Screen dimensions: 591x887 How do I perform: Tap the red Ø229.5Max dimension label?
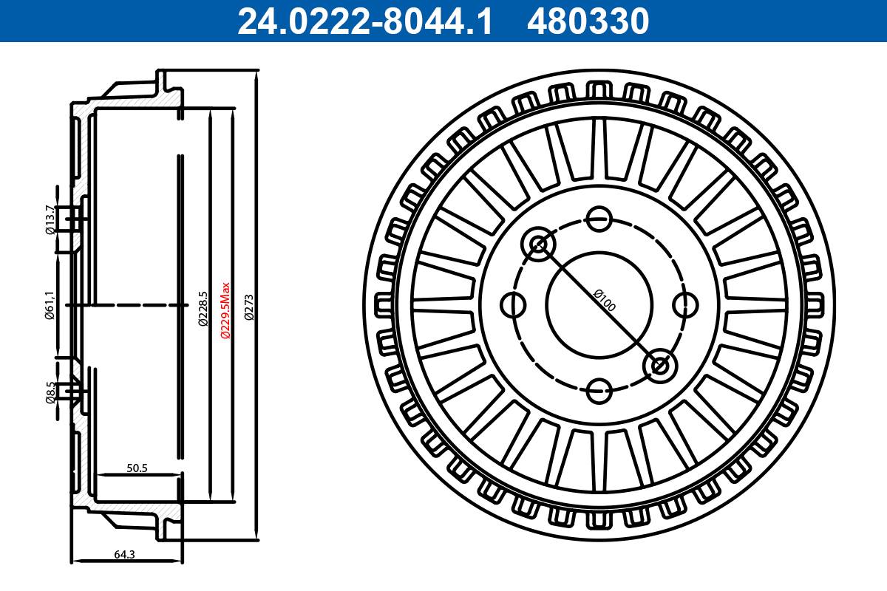[226, 310]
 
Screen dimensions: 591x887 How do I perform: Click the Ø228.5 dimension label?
[202, 310]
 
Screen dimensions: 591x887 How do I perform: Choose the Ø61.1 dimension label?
[50, 305]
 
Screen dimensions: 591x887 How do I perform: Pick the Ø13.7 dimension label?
[50, 219]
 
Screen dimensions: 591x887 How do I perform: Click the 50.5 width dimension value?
[137, 468]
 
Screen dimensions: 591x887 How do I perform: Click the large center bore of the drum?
[599, 304]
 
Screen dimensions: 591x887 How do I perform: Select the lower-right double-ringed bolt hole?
[659, 364]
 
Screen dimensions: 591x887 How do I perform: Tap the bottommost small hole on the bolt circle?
[599, 390]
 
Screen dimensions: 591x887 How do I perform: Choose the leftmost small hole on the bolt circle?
[512, 304]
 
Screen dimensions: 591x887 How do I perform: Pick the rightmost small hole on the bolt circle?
[686, 304]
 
